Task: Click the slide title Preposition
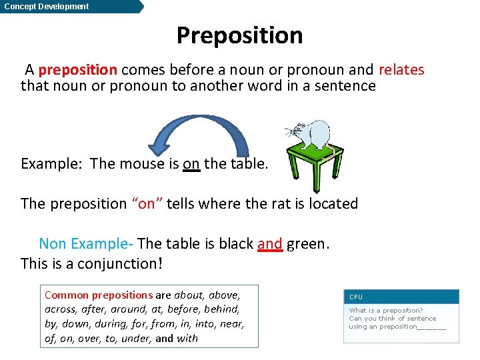(239, 35)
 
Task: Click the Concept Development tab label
(46, 7)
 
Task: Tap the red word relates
(401, 70)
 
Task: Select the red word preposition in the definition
(78, 70)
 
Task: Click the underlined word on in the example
(191, 164)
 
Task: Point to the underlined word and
(269, 244)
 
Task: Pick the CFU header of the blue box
(356, 297)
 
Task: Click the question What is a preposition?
(385, 311)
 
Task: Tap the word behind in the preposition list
(223, 309)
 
